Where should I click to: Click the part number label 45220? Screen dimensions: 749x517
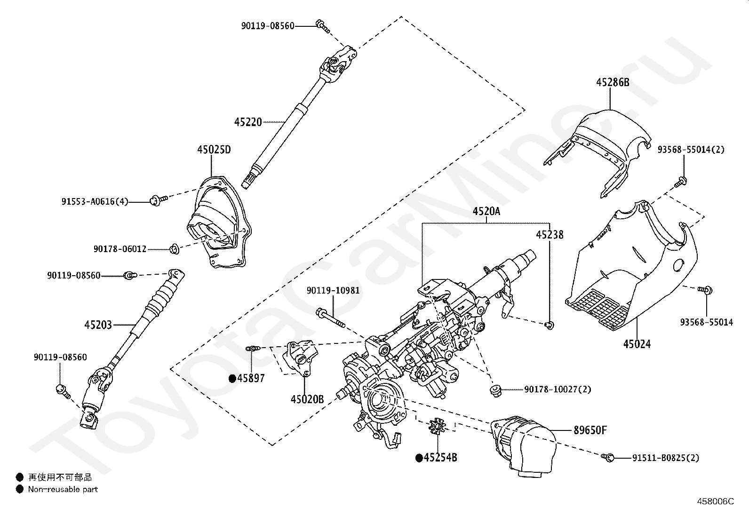click(x=248, y=122)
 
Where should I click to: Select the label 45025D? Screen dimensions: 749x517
click(x=214, y=150)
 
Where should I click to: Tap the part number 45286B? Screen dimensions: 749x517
click(x=613, y=82)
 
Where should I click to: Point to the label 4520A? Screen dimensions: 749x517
click(x=486, y=211)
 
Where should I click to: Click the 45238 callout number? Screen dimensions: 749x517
click(x=550, y=235)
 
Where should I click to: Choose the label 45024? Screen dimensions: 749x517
click(x=637, y=344)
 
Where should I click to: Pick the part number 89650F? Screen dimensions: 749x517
click(x=590, y=430)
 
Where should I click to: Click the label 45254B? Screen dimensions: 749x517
click(x=440, y=457)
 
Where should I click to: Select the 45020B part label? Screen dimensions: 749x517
click(x=307, y=399)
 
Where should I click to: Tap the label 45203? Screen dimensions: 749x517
click(x=98, y=325)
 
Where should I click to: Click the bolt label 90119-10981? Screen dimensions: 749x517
click(x=333, y=290)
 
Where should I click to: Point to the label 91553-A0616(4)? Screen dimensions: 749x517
click(x=95, y=202)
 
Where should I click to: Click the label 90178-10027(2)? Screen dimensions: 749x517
click(x=558, y=389)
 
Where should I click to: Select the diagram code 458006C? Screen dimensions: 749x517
click(x=715, y=501)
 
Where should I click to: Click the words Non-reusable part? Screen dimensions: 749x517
click(x=63, y=489)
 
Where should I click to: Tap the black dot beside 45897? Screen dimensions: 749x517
click(x=232, y=379)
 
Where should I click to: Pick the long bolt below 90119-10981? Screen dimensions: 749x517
click(x=331, y=318)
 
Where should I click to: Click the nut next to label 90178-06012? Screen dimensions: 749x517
click(x=174, y=249)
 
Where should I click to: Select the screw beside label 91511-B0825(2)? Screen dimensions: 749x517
click(x=607, y=457)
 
